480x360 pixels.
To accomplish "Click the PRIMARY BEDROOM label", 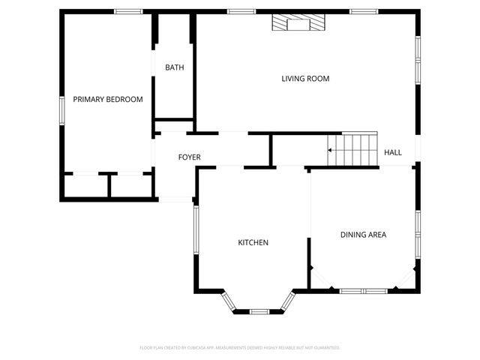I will (x=108, y=99).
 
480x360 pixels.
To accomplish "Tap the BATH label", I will (x=175, y=67).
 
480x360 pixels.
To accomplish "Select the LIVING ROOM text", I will (x=305, y=79).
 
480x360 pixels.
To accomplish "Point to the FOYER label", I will (x=189, y=157).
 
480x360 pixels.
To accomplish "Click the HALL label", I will (x=393, y=152).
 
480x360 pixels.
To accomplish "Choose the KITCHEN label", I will (x=253, y=242).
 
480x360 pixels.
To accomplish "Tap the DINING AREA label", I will (x=364, y=235).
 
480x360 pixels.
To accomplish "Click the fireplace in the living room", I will (x=299, y=24).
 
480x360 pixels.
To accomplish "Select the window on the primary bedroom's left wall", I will (x=62, y=109).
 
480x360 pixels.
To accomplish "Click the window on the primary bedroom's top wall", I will (x=128, y=11).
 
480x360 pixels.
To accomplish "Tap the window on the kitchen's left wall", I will (x=196, y=232).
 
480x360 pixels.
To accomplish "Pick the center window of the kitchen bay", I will (x=259, y=310).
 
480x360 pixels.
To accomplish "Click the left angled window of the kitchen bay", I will (x=229, y=301).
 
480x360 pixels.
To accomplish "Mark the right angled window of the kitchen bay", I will (x=288, y=301).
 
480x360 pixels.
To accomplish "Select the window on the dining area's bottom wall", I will (x=363, y=290).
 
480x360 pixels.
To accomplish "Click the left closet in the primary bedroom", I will (x=86, y=186).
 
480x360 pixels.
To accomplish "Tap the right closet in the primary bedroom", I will (x=132, y=186).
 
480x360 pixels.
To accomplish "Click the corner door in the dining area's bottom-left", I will (x=321, y=279).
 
